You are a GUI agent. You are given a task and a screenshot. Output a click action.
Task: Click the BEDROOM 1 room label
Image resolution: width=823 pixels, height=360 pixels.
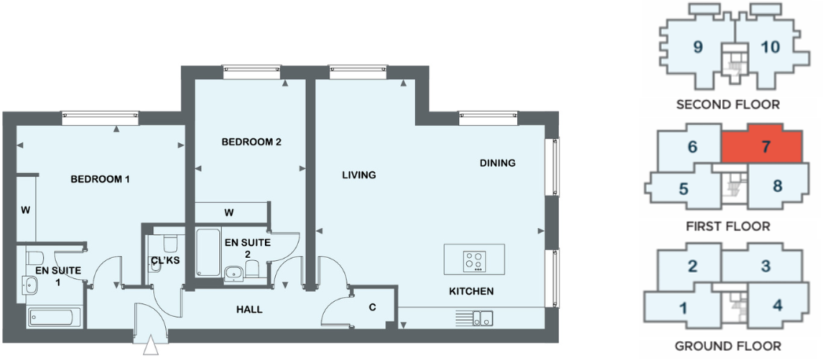pyautogui.click(x=100, y=179)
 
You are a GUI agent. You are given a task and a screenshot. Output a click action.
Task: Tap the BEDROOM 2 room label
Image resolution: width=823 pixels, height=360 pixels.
pyautogui.click(x=251, y=142)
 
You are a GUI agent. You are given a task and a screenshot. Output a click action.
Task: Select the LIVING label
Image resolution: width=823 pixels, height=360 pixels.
pyautogui.click(x=358, y=175)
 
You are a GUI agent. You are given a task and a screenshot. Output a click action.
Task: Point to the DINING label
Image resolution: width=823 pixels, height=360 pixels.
pyautogui.click(x=498, y=163)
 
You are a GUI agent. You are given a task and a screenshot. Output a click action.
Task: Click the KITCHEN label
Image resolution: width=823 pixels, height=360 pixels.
pyautogui.click(x=471, y=292)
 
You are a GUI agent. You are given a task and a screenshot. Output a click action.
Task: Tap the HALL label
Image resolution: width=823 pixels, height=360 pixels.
pyautogui.click(x=249, y=309)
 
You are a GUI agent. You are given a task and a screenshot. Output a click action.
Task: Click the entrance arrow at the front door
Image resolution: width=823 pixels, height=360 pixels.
pyautogui.click(x=151, y=346)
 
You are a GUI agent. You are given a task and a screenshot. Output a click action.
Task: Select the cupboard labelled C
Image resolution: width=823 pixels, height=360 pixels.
pyautogui.click(x=372, y=308)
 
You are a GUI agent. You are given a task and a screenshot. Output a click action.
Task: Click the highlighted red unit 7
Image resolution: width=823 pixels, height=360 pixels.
pyautogui.click(x=764, y=146)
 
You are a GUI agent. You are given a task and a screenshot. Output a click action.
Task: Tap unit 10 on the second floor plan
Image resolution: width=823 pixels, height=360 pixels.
pyautogui.click(x=770, y=47)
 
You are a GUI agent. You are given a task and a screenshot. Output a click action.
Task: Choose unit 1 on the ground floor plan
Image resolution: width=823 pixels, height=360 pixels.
pyautogui.click(x=682, y=307)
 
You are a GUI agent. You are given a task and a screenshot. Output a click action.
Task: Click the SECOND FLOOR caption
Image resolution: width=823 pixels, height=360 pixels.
pyautogui.click(x=728, y=104)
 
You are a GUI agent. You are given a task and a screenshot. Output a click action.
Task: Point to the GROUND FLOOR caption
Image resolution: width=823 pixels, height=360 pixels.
pyautogui.click(x=728, y=346)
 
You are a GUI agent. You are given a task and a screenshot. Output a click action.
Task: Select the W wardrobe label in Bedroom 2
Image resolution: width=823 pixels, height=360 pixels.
pyautogui.click(x=229, y=212)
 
